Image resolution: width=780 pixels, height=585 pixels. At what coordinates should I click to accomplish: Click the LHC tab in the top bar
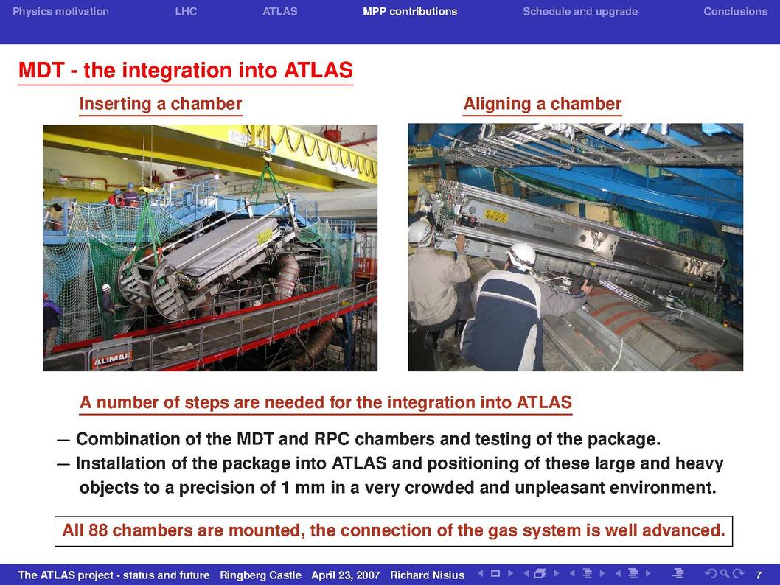click(186, 12)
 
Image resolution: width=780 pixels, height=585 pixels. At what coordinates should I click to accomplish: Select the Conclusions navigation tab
click(735, 12)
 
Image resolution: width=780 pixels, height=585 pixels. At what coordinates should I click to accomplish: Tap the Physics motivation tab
click(60, 12)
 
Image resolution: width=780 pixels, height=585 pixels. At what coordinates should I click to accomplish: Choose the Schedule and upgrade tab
click(580, 12)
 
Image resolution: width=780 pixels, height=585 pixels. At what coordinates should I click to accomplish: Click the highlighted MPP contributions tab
click(410, 12)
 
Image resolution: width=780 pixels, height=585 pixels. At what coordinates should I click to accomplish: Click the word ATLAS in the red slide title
click(318, 70)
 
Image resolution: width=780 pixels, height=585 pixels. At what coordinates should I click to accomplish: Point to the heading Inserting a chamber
click(161, 103)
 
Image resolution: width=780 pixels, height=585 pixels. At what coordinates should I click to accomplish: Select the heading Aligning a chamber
click(542, 103)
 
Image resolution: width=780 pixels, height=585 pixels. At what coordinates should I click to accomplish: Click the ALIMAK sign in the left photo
click(111, 359)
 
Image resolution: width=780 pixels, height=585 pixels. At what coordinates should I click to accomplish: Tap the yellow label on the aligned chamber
click(495, 216)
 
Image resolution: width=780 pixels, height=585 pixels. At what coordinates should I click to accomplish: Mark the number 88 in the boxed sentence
click(98, 530)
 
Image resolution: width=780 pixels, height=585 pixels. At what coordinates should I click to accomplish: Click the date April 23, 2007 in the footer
click(345, 575)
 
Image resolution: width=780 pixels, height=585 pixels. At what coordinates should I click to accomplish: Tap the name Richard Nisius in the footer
click(427, 575)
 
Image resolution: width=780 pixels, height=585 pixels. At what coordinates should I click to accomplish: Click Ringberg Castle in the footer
click(261, 575)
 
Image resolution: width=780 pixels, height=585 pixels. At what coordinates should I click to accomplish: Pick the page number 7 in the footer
click(759, 575)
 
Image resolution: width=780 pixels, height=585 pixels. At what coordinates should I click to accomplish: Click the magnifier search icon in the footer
click(725, 573)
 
